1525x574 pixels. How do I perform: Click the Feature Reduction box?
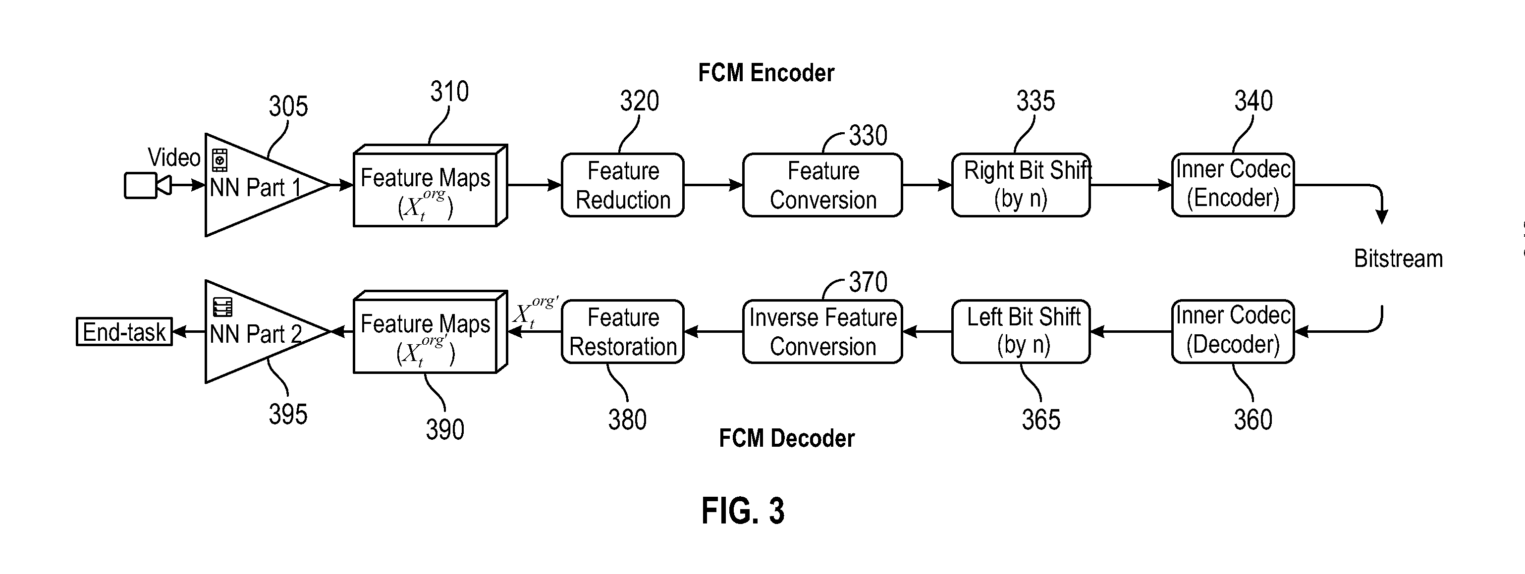tap(622, 185)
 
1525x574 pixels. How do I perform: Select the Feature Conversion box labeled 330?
tap(822, 185)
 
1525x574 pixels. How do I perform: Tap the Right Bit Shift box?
tap(1021, 185)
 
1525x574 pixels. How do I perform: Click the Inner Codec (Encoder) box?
tap(1233, 185)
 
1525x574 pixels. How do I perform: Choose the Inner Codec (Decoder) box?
tap(1233, 331)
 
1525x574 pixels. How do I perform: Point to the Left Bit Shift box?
tap(1021, 331)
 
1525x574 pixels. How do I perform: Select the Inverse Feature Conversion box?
tap(822, 331)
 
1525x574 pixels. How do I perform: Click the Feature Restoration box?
tap(622, 331)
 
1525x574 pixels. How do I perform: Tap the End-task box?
tap(124, 332)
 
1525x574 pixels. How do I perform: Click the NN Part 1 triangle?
tap(255, 186)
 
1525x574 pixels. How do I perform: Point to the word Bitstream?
tap(1398, 259)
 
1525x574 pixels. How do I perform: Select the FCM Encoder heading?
tap(765, 73)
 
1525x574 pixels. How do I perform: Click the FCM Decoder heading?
tap(786, 438)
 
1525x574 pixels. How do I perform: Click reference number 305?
tap(288, 107)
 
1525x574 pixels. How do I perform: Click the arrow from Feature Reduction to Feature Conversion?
tap(713, 185)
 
